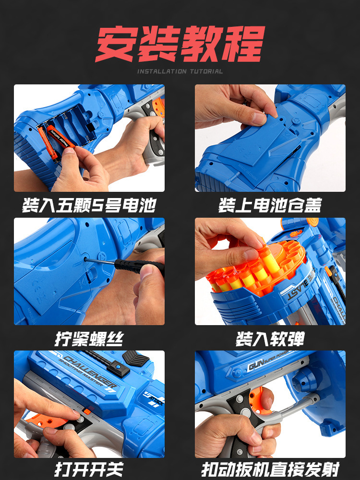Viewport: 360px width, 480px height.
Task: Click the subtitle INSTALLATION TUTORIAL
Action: (180, 71)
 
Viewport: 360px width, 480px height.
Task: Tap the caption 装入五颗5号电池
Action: (89, 205)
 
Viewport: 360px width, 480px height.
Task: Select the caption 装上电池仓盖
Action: (270, 205)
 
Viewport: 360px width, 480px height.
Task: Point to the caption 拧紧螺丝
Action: (89, 339)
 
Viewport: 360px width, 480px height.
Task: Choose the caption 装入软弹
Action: (270, 339)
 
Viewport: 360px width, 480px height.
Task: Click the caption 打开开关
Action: (89, 469)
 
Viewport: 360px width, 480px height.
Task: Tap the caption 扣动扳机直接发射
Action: (270, 469)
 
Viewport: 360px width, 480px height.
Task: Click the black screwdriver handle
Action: (139, 266)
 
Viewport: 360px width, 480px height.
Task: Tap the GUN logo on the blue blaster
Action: (255, 365)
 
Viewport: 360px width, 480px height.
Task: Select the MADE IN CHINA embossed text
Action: (248, 173)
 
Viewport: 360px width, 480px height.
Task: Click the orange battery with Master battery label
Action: (60, 138)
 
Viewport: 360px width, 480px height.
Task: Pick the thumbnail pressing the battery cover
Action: (270, 138)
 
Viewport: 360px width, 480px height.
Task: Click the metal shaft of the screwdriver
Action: (100, 261)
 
